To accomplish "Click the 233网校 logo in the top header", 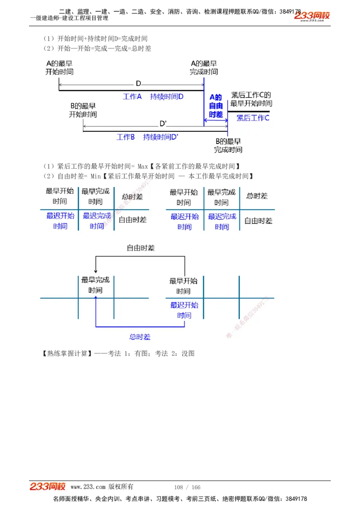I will pos(312,16).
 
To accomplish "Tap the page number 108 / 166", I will pos(187,487).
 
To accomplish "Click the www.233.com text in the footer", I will pos(88,487).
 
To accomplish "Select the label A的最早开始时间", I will pos(59,68).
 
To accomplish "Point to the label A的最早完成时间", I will pos(204,68).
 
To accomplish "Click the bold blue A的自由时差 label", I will pos(216,106).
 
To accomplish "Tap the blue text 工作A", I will pos(132,96).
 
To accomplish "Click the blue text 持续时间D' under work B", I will pos(161,137).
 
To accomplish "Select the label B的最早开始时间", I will pos(83,110).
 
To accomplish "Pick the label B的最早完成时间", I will pos(228,145).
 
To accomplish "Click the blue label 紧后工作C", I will pos(253,118).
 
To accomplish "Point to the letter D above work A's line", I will pos(139,84).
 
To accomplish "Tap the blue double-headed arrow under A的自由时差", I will pos(216,121).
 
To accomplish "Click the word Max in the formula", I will pos(143,166).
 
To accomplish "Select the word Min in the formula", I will pos(95,176).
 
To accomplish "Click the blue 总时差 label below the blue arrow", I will pos(140,337).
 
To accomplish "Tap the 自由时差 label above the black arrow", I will pos(140,248).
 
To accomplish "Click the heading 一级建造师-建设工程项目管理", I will pos(69,18).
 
